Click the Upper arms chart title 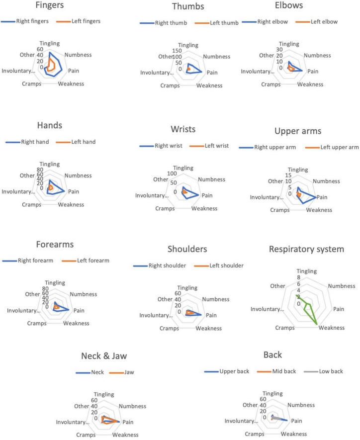[298, 131]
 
